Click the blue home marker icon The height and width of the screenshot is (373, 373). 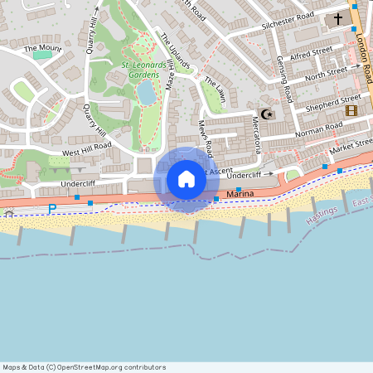click(186, 179)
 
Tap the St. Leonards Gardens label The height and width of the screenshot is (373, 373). click(140, 69)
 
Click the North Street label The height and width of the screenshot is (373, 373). click(325, 74)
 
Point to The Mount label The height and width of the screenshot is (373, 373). click(42, 49)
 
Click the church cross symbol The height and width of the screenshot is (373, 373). click(338, 18)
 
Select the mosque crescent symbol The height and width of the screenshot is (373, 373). click(266, 114)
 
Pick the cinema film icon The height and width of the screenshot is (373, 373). click(351, 110)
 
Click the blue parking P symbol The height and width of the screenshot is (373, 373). click(52, 208)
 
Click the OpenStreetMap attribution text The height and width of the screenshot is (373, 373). click(84, 367)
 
